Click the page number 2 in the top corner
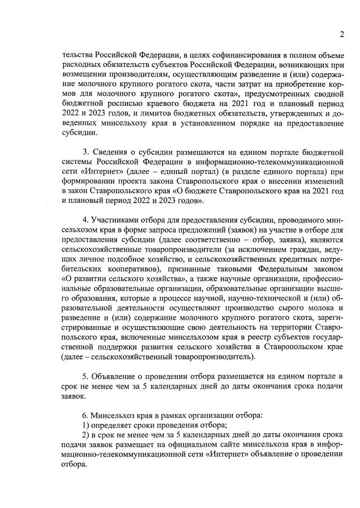coord(342,35)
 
